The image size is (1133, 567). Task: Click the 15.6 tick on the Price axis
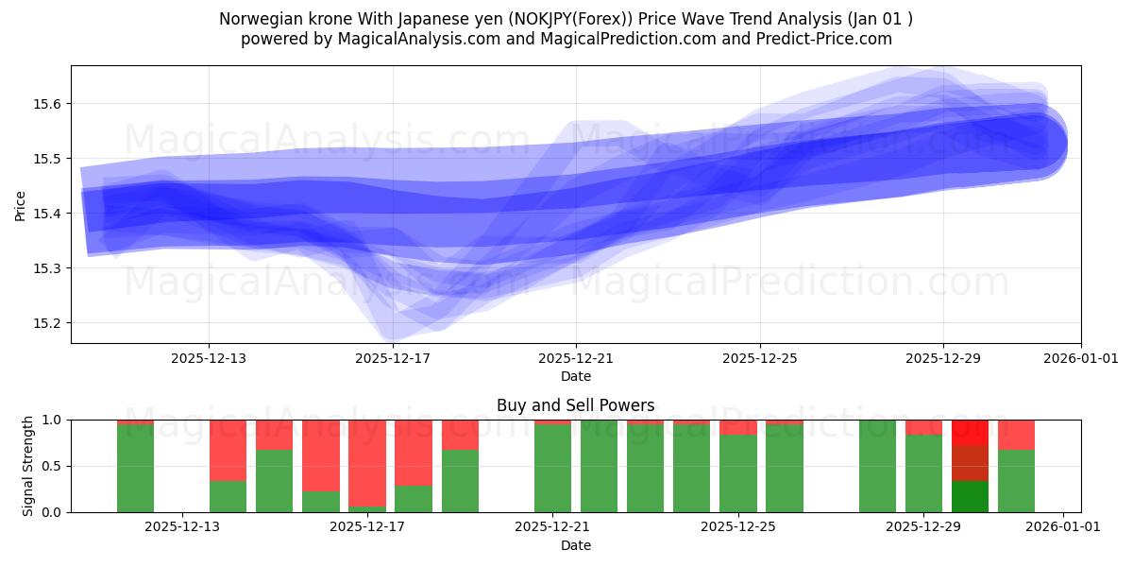pos(48,104)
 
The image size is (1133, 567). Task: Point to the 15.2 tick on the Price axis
pos(48,323)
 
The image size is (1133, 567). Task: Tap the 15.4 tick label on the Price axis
pos(48,214)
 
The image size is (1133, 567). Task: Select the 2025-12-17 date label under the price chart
pos(393,359)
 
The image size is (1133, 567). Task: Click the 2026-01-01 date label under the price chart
pos(1080,359)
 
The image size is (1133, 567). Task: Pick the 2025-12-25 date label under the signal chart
pos(737,527)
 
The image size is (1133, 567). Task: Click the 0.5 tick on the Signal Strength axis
pos(50,466)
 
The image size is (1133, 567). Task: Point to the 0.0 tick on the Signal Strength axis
pos(50,512)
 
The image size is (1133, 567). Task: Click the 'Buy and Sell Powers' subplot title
pos(575,405)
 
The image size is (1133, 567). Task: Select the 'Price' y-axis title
pos(21,205)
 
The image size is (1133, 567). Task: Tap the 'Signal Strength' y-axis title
pos(28,466)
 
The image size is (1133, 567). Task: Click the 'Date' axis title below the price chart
pos(575,376)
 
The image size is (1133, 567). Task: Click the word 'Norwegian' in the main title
pos(258,19)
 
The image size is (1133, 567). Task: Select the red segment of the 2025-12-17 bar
pos(367,463)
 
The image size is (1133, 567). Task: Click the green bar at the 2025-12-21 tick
pos(552,469)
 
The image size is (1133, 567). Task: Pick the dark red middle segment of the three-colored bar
pos(970,463)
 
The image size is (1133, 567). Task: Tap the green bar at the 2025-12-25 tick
pos(737,472)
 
